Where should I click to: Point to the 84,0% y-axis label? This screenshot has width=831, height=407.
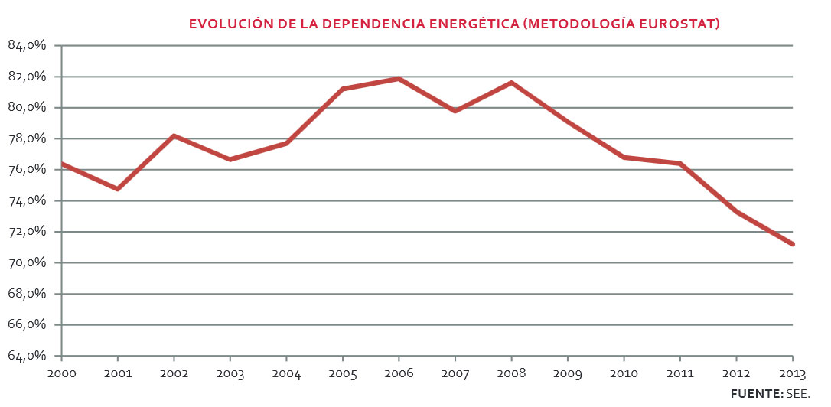(28, 45)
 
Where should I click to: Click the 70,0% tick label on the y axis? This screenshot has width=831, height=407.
(28, 263)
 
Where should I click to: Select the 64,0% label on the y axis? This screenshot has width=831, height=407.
(28, 357)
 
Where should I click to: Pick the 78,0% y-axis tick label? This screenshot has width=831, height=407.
(28, 139)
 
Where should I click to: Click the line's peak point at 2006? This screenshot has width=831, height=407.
(399, 78)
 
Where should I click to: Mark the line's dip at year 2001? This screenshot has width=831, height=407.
(117, 188)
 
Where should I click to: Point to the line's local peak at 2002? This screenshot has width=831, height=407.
(174, 135)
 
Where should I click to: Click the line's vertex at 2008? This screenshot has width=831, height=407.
(511, 82)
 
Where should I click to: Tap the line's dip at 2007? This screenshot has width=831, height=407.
(455, 111)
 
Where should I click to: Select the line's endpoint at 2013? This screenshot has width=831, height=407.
(792, 244)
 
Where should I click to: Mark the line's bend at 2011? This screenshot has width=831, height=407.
(680, 163)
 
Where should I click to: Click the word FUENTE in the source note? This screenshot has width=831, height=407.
(755, 393)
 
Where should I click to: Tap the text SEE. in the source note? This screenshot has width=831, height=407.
(797, 393)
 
